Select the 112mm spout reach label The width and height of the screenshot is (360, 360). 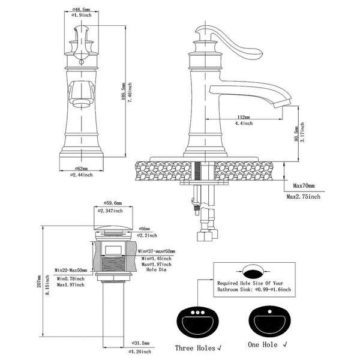click(242, 117)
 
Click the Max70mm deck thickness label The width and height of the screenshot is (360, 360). click(304, 186)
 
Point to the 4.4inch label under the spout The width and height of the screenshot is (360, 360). click(242, 124)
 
